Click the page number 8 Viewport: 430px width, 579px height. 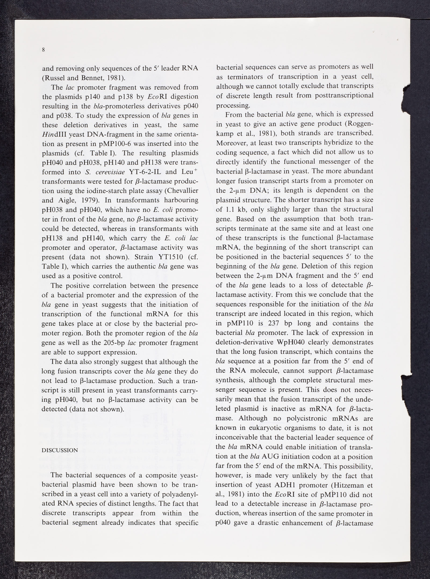coord(43,49)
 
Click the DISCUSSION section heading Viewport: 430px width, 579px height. coord(60,450)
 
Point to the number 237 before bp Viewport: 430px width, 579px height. coord(273,323)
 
